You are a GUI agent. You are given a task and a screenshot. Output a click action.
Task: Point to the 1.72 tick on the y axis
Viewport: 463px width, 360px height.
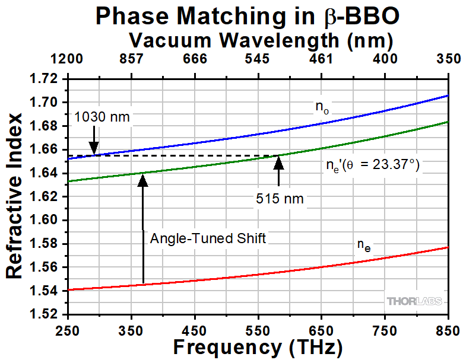49,79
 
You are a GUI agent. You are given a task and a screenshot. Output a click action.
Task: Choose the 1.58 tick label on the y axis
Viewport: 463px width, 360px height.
49,244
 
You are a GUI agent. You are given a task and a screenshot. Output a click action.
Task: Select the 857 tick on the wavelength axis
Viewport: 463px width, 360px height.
132,59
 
